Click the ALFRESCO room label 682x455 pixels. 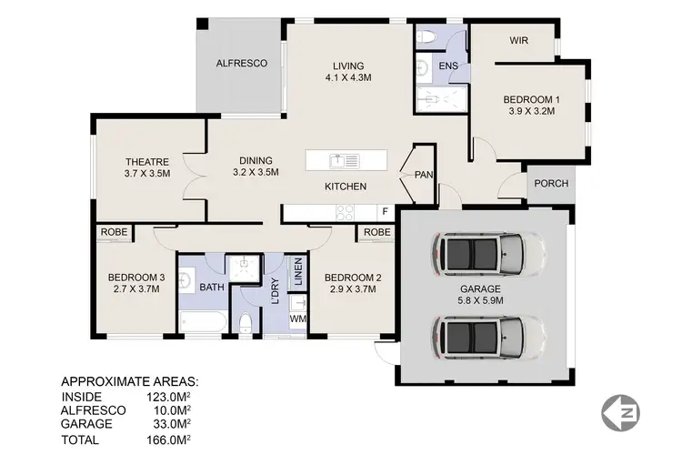click(241, 64)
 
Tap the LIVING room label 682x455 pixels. click(348, 66)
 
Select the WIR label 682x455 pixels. click(519, 41)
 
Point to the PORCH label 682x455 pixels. click(551, 183)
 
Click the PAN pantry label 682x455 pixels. click(424, 175)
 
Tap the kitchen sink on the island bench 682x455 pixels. click(345, 161)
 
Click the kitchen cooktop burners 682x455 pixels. click(346, 213)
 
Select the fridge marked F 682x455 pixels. click(385, 213)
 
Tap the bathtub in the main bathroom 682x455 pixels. click(201, 321)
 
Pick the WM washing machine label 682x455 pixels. click(297, 319)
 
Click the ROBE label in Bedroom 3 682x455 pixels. click(114, 232)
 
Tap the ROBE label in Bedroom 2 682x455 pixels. click(376, 232)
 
